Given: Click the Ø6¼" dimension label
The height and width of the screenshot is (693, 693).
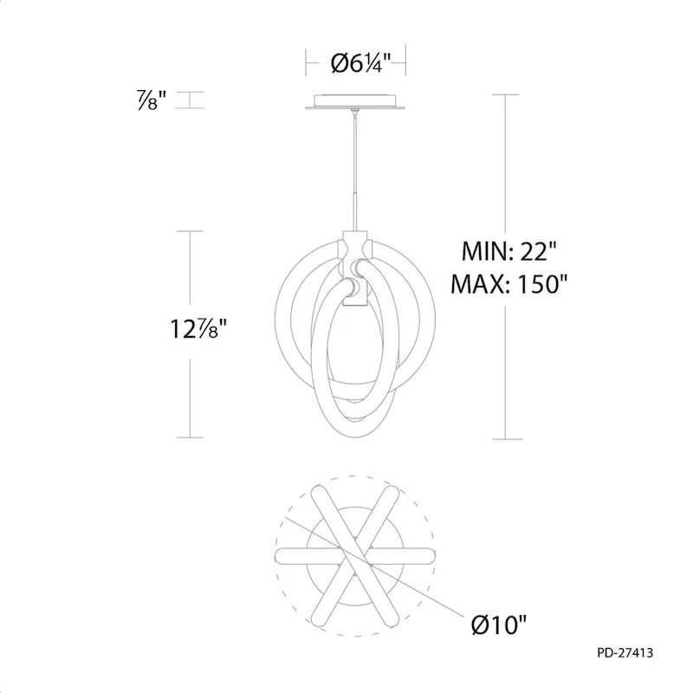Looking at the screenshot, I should (357, 62).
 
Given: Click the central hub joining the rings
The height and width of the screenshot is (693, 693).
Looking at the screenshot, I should (356, 269).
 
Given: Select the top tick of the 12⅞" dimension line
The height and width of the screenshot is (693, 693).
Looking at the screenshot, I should (191, 231).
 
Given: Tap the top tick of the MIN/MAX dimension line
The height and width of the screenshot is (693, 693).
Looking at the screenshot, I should (507, 95).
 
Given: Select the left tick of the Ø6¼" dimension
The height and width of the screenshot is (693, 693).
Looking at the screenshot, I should (306, 62).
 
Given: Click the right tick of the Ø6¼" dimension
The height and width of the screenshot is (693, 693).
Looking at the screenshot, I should (407, 62).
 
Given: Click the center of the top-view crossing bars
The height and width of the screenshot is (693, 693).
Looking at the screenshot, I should (356, 552).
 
